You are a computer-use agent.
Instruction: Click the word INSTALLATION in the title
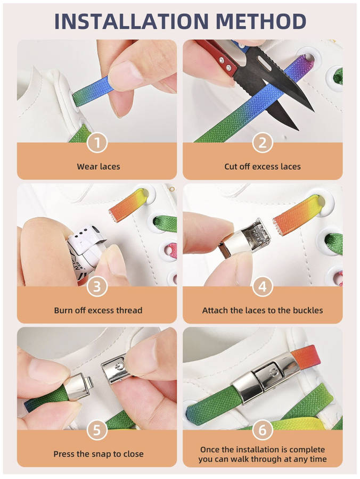point(132,21)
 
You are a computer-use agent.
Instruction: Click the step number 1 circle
point(97,143)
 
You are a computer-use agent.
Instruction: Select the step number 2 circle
point(263,143)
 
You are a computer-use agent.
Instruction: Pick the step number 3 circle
point(97,286)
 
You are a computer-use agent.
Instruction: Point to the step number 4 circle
point(263,286)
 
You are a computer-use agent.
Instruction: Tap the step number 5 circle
point(97,430)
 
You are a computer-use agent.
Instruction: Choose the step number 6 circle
point(263,430)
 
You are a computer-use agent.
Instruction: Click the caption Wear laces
point(99,167)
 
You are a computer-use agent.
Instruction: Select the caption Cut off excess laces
point(263,167)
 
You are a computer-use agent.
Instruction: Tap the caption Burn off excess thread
point(98,310)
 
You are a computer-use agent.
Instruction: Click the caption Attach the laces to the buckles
point(263,310)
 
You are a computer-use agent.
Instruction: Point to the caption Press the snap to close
point(99,454)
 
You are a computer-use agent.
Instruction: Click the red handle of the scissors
point(218,58)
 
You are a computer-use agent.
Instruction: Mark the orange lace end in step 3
point(129,204)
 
